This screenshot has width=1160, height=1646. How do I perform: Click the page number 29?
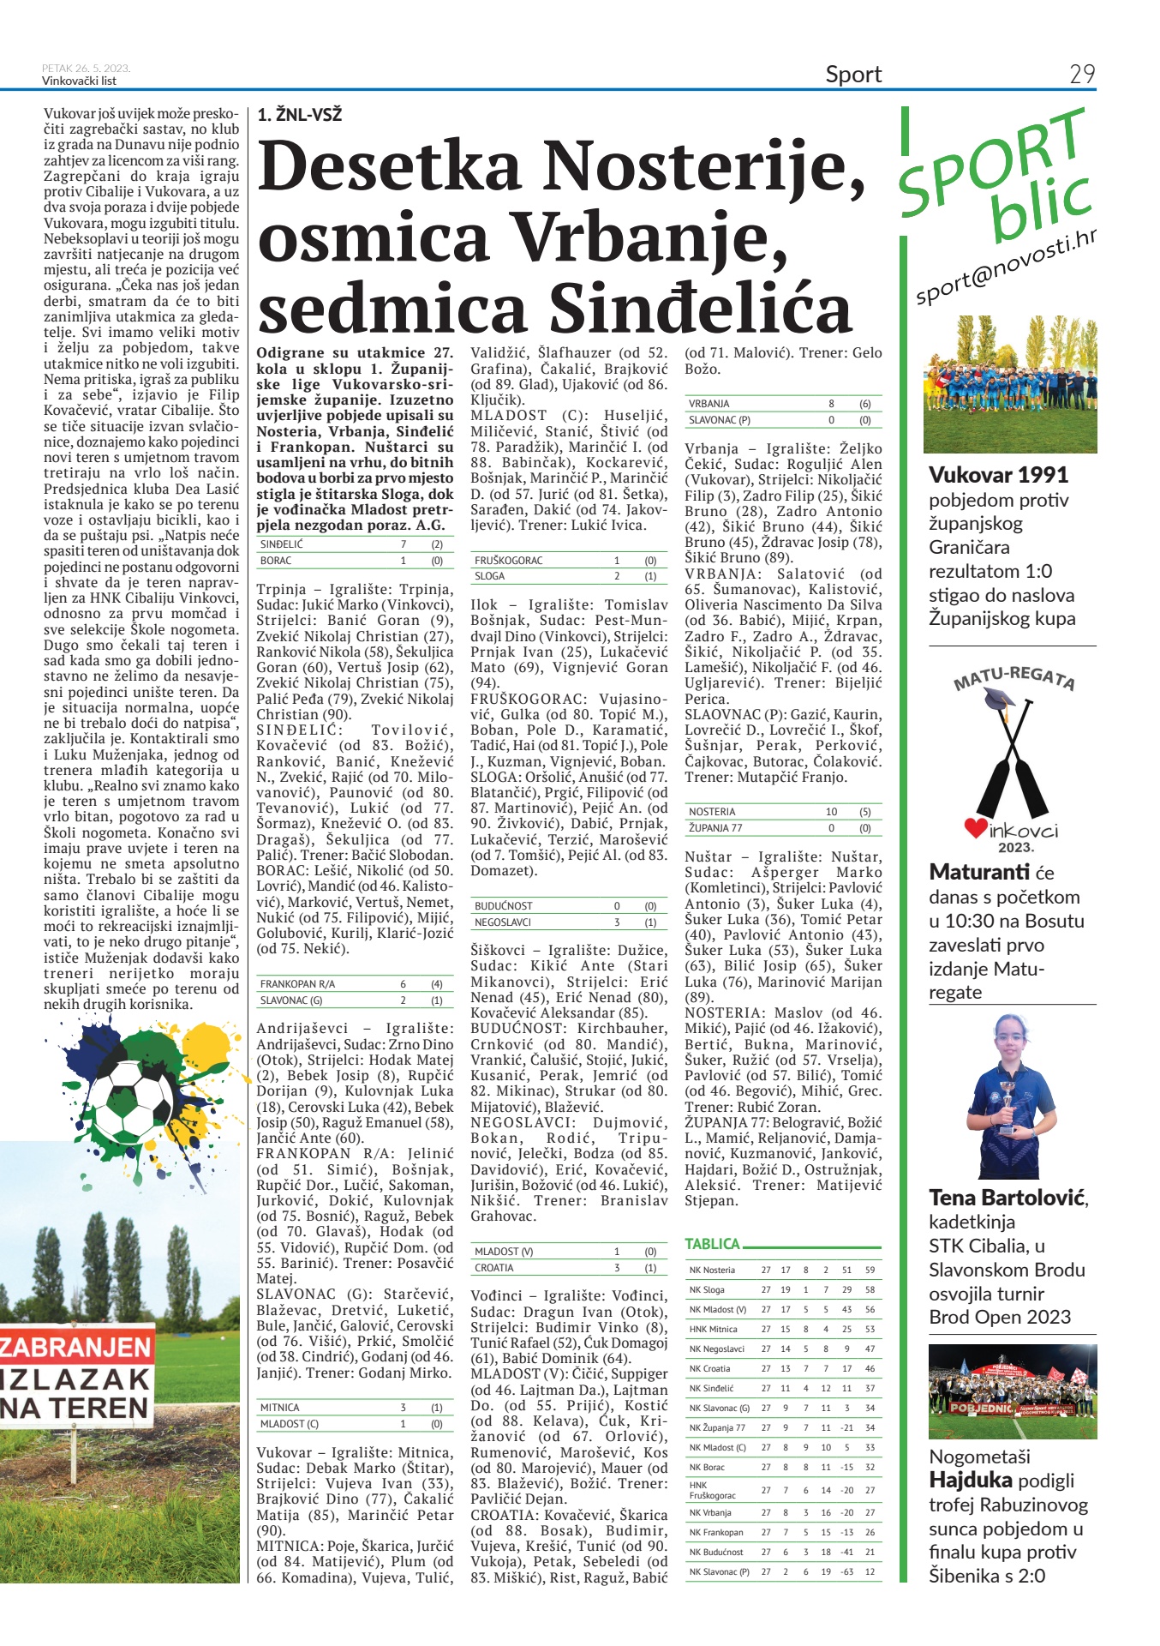pos(1082,75)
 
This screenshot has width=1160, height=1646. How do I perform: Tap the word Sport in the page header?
pos(853,75)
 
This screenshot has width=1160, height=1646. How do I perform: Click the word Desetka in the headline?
pos(390,166)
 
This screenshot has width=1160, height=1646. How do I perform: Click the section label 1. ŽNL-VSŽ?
pos(299,115)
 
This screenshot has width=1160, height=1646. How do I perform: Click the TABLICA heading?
pos(712,1244)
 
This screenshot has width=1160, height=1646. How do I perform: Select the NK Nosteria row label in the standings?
pos(712,1271)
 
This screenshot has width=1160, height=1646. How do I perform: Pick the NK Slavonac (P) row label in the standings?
pos(719,1572)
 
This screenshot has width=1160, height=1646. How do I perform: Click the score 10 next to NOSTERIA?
pos(831,812)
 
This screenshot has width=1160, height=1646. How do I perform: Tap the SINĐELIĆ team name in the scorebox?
pos(282,544)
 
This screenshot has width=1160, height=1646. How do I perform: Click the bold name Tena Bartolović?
pos(1008,1198)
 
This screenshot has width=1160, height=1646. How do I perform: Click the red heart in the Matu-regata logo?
pos(975,828)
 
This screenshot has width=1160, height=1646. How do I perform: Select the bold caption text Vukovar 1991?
pos(998,475)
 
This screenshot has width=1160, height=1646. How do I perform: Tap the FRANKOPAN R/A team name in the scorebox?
pos(297,984)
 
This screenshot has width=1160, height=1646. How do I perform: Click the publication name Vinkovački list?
pos(79,81)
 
